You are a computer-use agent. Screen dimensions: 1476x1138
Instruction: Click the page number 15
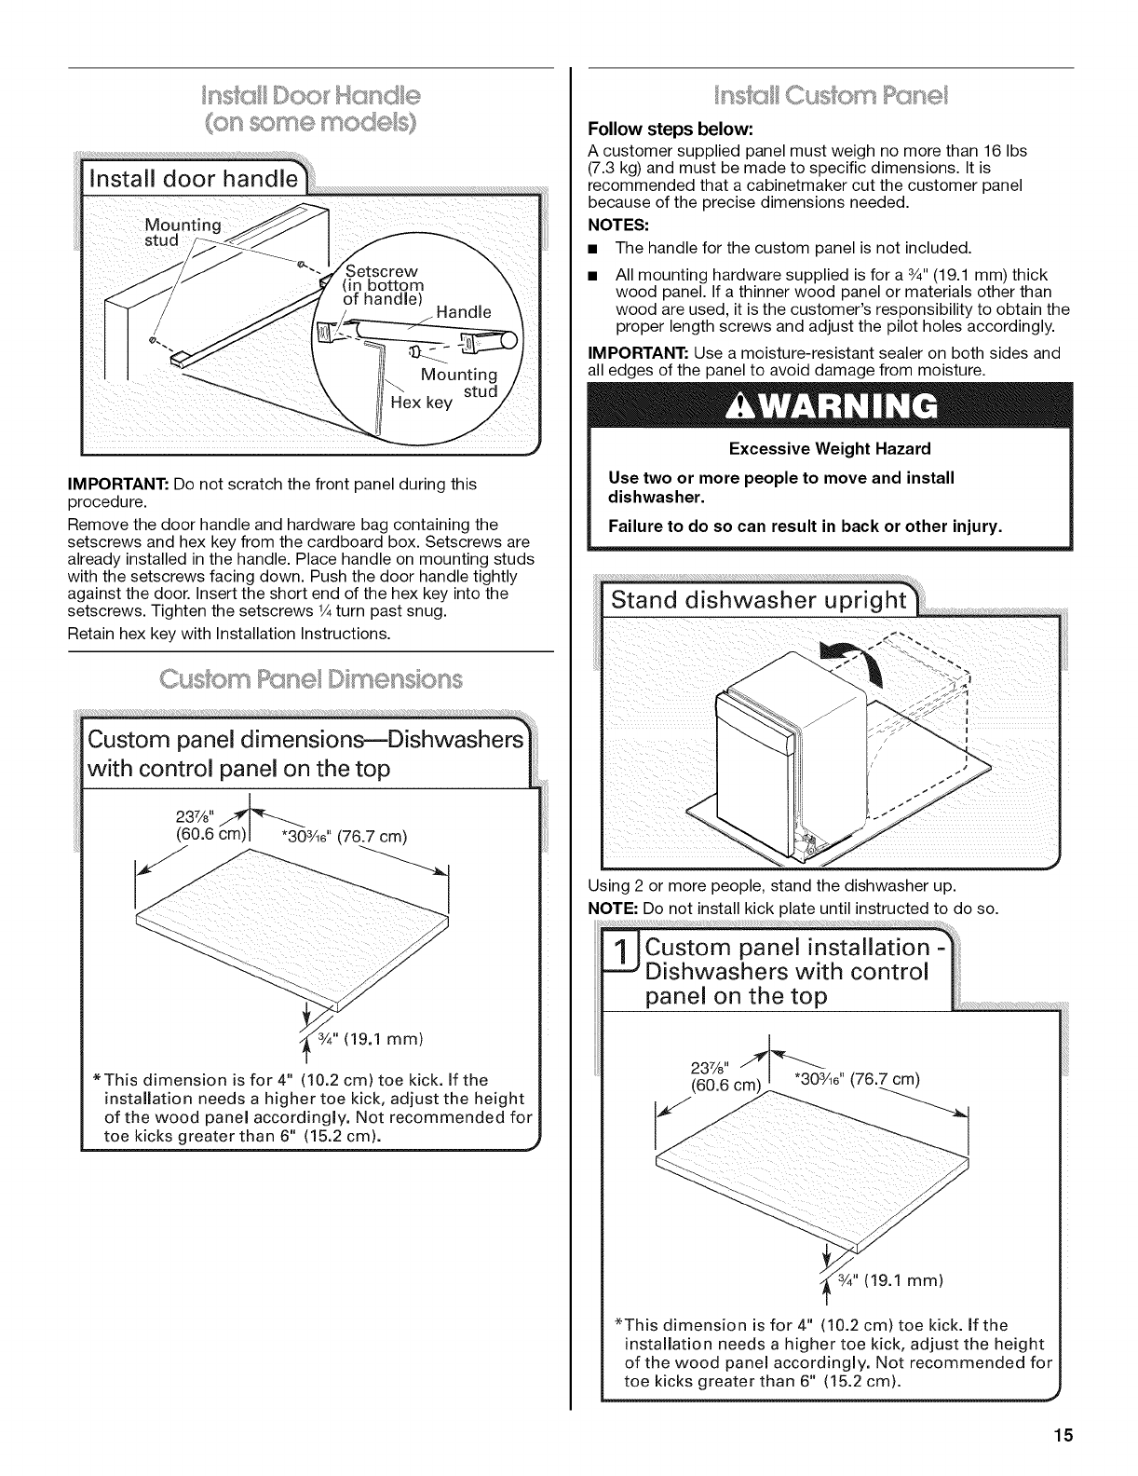pos(1065,1435)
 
